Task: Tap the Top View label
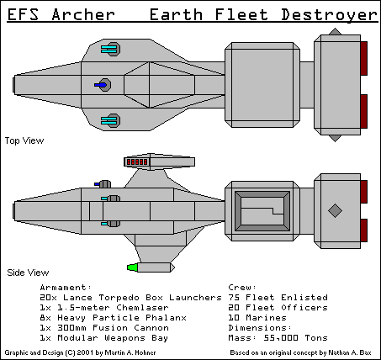point(24,140)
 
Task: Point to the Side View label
point(26,272)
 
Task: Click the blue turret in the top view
point(103,85)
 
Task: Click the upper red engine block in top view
point(363,57)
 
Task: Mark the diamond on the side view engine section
point(334,209)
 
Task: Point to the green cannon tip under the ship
point(132,267)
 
